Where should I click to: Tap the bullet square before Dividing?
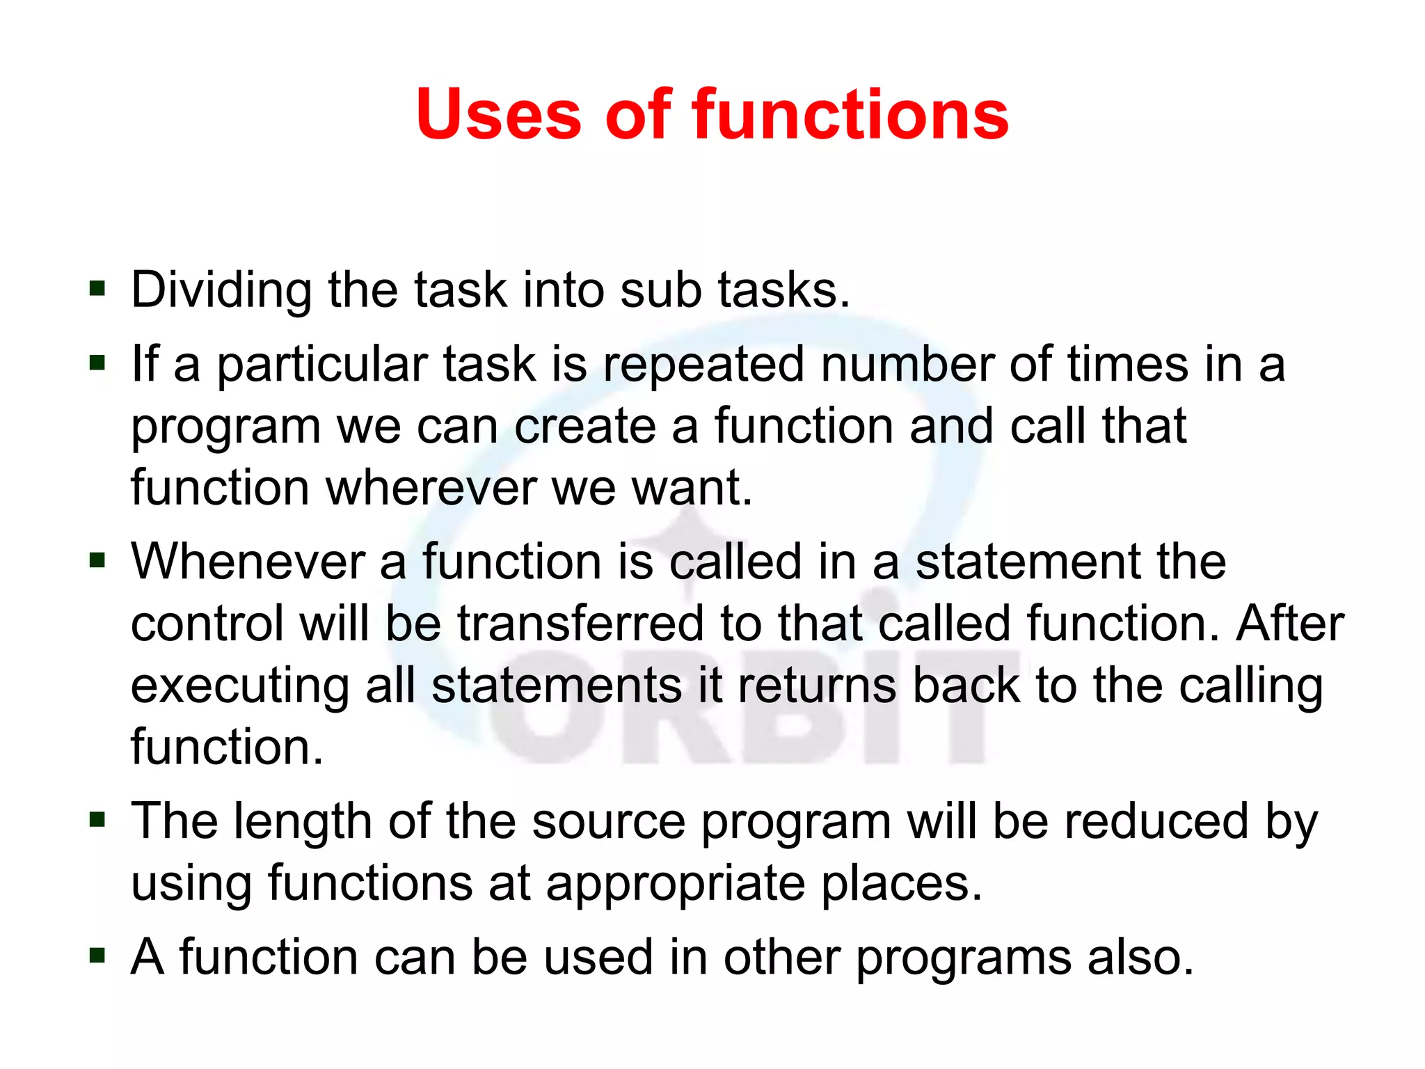coord(97,287)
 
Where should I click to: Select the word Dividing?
coord(221,290)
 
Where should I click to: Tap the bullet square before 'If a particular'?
coord(97,362)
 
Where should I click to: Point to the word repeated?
coord(703,365)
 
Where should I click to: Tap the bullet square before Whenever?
coord(97,560)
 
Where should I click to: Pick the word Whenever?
coord(248,562)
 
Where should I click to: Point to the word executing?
coord(239,686)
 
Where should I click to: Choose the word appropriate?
coord(675,884)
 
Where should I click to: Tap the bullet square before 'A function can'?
coord(97,956)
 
